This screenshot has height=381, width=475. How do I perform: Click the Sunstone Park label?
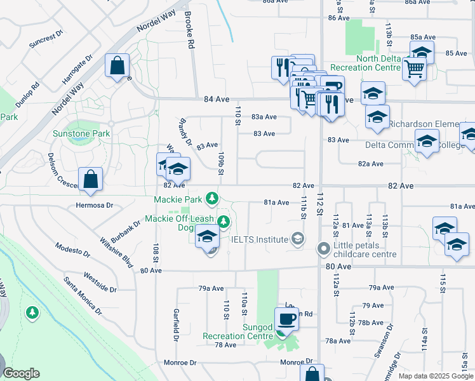click(82, 133)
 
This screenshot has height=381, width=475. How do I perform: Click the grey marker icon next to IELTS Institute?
click(297, 239)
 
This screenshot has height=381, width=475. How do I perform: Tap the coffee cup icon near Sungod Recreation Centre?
click(286, 319)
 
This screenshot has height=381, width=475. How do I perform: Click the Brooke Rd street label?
click(189, 30)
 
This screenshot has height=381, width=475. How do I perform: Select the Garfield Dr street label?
click(176, 323)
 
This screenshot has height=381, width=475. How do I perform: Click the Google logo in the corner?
click(20, 373)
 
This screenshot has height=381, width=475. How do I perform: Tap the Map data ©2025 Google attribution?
click(436, 376)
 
